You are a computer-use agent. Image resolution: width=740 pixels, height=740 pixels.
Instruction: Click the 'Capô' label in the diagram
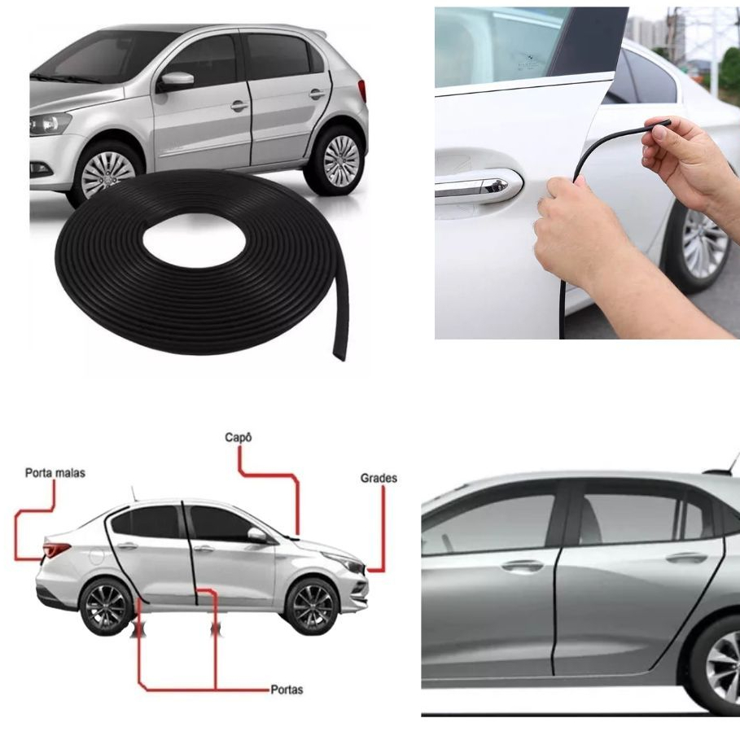coord(239,437)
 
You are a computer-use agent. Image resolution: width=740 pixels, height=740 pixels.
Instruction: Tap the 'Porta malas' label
coord(55,472)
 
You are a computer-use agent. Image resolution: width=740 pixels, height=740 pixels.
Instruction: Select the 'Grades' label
coord(379,478)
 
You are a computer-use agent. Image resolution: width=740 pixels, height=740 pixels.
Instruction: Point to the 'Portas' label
coord(286,690)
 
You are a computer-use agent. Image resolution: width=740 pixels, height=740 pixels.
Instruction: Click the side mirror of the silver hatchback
coord(176,81)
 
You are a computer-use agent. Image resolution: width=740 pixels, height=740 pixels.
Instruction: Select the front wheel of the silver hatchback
coord(108,173)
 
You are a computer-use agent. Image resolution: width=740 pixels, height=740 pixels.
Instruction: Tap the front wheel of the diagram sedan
coord(313,607)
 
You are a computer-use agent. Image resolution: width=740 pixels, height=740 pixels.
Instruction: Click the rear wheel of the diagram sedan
coord(105,607)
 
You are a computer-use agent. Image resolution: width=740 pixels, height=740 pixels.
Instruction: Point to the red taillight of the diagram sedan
coord(55,550)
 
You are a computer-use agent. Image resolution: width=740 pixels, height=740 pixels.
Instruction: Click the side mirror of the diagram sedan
coord(257,535)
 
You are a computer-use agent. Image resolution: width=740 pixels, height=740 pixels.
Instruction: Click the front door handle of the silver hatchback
coord(239,105)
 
